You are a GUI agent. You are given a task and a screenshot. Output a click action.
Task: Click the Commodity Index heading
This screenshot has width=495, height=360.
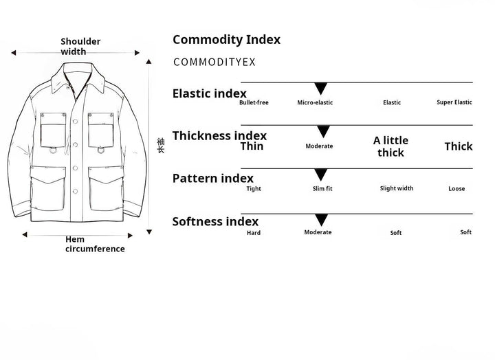(226, 40)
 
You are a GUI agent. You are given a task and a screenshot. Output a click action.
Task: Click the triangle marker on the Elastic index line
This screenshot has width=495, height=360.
(320, 88)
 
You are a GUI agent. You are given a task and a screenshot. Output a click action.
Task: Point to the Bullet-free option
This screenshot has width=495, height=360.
(254, 102)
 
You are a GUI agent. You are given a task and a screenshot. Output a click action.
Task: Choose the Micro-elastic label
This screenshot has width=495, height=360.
(315, 102)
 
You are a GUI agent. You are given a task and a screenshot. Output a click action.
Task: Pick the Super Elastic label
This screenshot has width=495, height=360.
(454, 102)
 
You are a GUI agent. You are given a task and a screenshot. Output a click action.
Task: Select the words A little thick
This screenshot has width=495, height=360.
(390, 146)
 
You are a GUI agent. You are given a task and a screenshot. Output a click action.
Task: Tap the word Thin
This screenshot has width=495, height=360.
(252, 146)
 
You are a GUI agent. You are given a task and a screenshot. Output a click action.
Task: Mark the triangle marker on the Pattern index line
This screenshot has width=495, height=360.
(320, 175)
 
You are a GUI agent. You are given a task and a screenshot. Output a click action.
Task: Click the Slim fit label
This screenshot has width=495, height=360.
(322, 189)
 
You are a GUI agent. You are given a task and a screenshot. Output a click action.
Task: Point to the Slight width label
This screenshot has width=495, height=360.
(397, 188)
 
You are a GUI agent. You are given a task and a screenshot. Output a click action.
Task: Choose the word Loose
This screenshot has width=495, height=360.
(456, 189)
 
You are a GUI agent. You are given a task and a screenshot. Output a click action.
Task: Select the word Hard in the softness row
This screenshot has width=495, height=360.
(254, 233)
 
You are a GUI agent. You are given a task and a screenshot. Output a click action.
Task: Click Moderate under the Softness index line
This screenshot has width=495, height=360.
(318, 232)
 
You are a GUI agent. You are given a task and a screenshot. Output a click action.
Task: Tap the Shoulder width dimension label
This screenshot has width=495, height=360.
(80, 46)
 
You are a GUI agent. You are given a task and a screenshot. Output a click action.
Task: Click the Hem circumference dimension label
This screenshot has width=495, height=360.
(95, 244)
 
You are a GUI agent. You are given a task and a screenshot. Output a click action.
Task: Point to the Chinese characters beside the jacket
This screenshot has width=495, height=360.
(161, 144)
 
